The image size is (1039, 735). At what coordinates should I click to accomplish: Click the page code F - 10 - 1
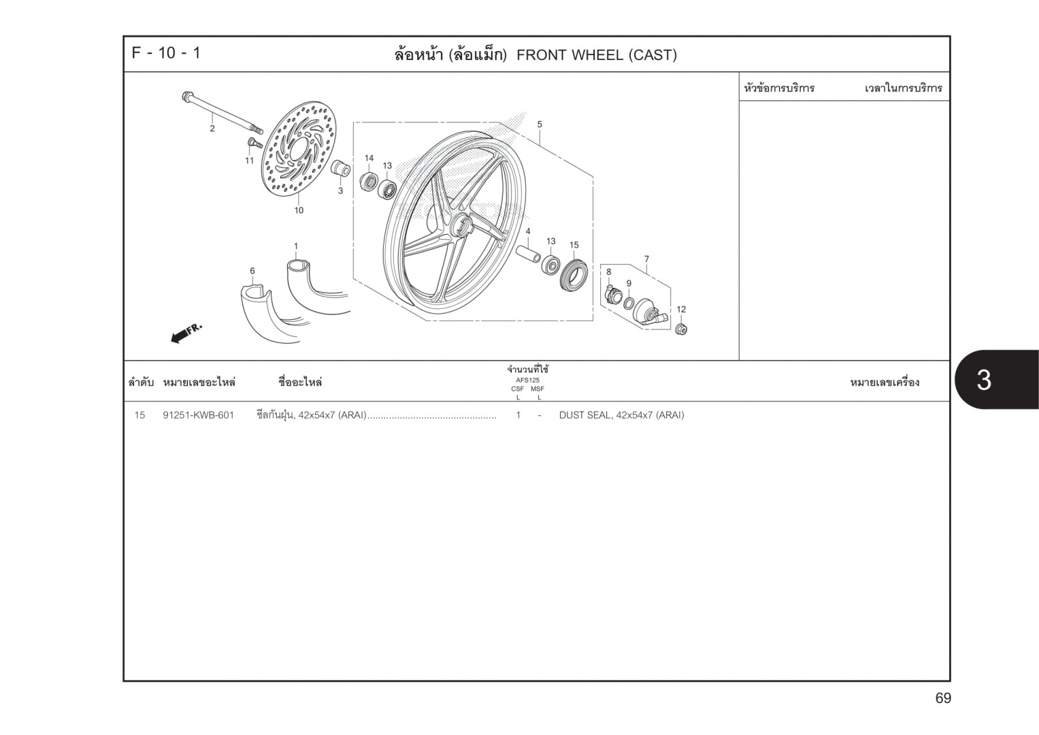166,53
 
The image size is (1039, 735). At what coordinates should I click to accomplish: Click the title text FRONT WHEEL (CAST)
596,55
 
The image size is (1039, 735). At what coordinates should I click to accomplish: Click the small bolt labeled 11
253,144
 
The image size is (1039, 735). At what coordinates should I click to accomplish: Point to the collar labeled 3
340,169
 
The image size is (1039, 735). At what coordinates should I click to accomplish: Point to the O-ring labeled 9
630,303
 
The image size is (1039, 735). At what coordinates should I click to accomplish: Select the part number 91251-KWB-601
198,415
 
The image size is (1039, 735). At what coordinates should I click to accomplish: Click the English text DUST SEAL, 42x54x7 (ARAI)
621,415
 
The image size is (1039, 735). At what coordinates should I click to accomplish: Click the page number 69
942,698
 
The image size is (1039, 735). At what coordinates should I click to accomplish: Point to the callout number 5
540,125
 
